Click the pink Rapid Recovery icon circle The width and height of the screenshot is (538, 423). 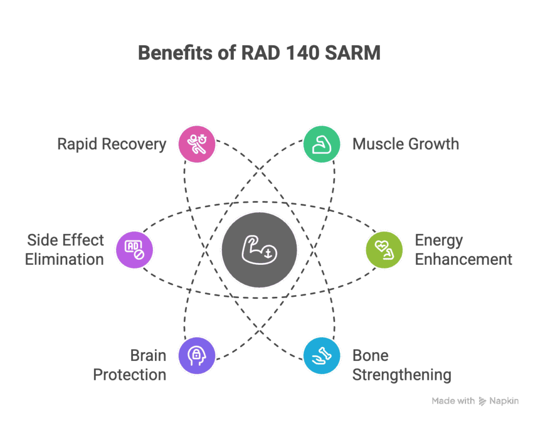click(196, 144)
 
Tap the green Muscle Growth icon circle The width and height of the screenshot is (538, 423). click(322, 144)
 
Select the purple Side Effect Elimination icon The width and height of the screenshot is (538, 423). click(133, 249)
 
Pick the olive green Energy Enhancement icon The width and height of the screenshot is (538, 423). click(384, 249)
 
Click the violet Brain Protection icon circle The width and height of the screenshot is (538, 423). click(196, 356)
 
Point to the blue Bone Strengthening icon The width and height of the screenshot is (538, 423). click(322, 356)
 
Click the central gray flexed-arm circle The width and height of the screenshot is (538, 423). click(259, 249)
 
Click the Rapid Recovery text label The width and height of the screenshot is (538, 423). click(111, 144)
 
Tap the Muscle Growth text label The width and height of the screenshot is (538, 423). click(406, 144)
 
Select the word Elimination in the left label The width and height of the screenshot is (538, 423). click(64, 259)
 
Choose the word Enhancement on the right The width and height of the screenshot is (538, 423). click(463, 259)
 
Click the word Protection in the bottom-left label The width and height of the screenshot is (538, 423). click(129, 375)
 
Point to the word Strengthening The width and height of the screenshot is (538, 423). click(401, 375)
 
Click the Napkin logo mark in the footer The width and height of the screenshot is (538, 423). click(482, 401)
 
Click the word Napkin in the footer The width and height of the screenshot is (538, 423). click(504, 401)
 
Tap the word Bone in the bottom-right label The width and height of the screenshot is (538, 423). click(370, 356)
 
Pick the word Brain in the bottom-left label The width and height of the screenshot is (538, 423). click(148, 356)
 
